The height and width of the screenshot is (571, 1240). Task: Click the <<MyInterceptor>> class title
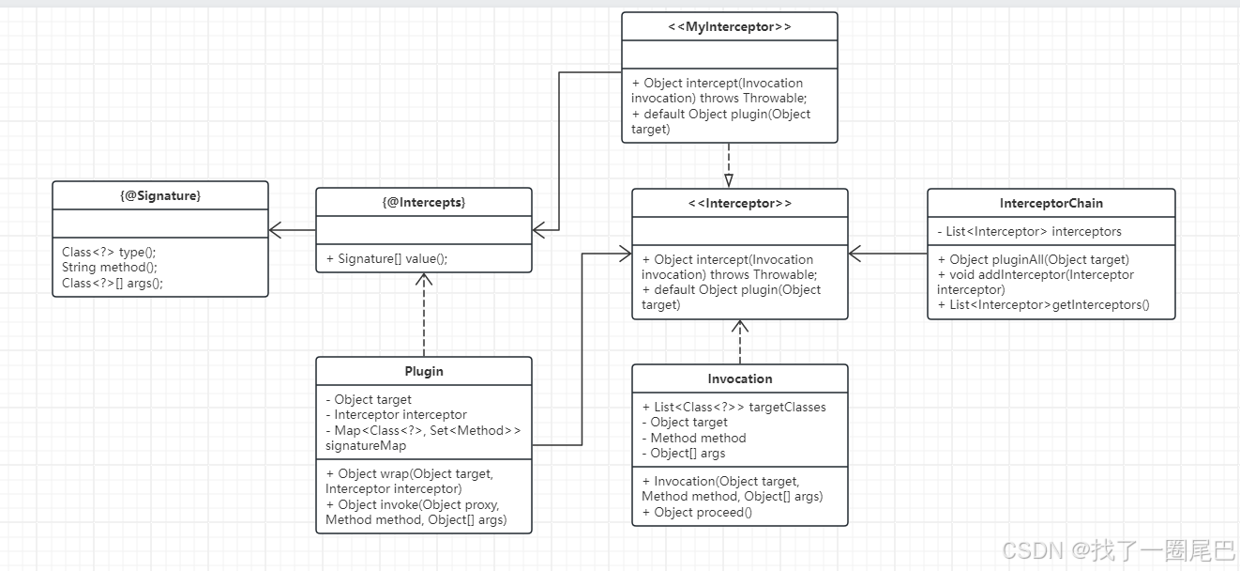729,26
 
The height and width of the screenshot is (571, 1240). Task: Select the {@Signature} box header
159,195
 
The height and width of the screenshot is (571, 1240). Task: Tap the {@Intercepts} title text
423,203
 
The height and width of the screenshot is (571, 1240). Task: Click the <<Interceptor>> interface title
739,204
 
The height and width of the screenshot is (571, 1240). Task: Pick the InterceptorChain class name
1051,204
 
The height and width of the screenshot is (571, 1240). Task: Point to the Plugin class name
423,371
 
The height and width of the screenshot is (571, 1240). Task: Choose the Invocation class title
739,378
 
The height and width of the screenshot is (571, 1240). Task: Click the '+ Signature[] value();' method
386,258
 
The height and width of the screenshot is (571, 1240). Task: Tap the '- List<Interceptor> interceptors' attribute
1029,231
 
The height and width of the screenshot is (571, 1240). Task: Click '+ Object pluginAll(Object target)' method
1033,259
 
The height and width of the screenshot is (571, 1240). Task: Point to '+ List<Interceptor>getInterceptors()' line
1043,304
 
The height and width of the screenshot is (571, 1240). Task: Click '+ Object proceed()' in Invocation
697,512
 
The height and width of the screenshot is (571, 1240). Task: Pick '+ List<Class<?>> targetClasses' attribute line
733,407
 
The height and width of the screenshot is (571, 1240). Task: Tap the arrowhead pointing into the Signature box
275,230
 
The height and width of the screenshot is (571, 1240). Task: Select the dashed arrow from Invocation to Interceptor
739,343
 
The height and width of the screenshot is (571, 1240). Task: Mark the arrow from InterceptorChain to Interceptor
887,254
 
